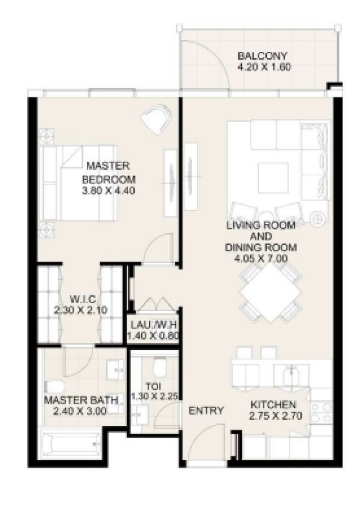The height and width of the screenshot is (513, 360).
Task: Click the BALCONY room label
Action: click(x=262, y=55)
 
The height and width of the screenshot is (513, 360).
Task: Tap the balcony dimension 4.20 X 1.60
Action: click(x=263, y=67)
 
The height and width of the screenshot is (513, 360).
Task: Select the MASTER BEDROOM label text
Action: click(x=108, y=173)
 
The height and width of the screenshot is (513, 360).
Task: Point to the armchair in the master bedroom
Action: click(x=156, y=119)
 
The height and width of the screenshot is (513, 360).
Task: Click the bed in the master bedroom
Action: click(x=78, y=182)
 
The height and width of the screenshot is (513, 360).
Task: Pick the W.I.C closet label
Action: click(x=83, y=299)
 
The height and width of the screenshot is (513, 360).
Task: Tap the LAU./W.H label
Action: click(x=153, y=325)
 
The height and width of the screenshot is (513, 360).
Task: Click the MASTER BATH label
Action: click(x=81, y=400)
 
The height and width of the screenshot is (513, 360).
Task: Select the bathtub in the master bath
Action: click(x=71, y=444)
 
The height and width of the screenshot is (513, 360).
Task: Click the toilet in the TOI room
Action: click(x=159, y=367)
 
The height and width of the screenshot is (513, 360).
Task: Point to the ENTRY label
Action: click(x=206, y=410)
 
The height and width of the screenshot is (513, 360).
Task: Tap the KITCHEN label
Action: click(x=273, y=404)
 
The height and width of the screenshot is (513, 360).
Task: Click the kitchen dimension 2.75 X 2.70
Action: click(x=275, y=416)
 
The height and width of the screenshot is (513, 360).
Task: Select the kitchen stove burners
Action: click(x=321, y=412)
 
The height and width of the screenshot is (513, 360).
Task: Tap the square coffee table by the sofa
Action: click(x=273, y=178)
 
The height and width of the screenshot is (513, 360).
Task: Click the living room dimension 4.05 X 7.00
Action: click(x=261, y=259)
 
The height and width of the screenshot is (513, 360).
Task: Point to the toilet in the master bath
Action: click(x=55, y=387)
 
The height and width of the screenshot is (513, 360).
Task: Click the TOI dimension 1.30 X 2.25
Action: click(x=155, y=397)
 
